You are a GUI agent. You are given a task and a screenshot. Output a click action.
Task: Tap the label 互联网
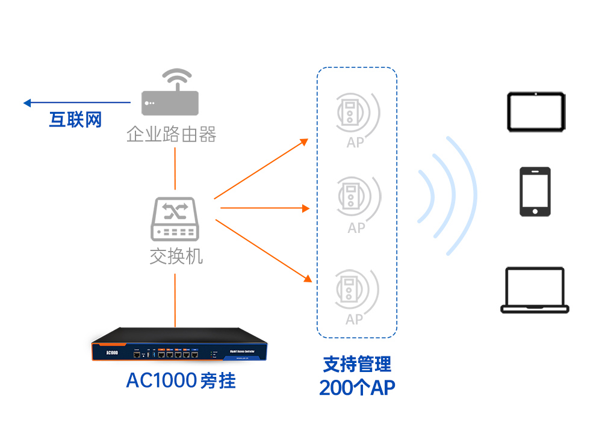coord(75,120)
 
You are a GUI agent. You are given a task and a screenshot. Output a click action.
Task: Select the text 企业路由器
coord(172,134)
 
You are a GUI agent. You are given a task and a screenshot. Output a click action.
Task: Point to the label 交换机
coord(176,256)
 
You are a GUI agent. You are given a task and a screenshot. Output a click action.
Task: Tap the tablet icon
coord(536,111)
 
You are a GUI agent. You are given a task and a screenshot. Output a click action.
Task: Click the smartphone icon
coord(535,191)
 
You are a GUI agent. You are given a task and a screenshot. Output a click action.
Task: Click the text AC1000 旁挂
coord(181,381)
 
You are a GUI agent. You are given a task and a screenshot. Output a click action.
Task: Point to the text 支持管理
coord(357,364)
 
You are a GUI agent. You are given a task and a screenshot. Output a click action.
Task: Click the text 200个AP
coord(357,388)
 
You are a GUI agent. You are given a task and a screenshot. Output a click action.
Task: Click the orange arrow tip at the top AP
coord(305,142)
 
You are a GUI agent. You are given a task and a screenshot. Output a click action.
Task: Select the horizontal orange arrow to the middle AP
coord(265,208)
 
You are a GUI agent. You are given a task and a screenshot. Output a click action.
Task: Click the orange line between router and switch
coord(175,168)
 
